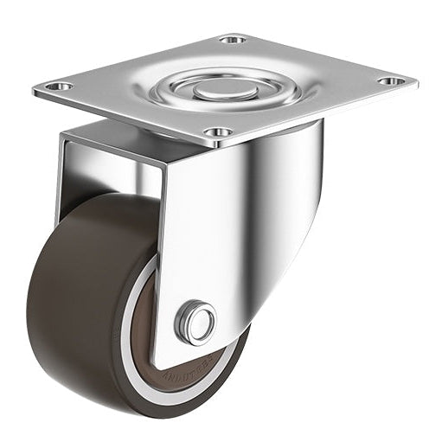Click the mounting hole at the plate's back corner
click(x=232, y=40)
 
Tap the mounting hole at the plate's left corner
click(x=58, y=86)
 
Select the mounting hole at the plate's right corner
click(x=392, y=81)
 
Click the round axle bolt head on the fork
click(x=196, y=323)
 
